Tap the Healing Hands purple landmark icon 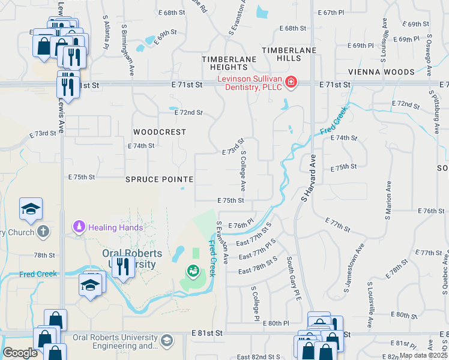pos(79,227)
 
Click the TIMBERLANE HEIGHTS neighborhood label pos(229,63)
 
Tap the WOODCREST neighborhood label pos(159,131)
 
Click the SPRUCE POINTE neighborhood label pos(159,179)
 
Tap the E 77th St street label pos(337,225)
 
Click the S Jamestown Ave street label pos(354,268)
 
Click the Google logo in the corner pos(20,353)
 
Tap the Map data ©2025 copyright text pos(423,355)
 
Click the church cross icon pos(43,230)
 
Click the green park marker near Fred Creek pos(193,272)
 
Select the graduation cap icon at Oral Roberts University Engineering pos(166,341)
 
